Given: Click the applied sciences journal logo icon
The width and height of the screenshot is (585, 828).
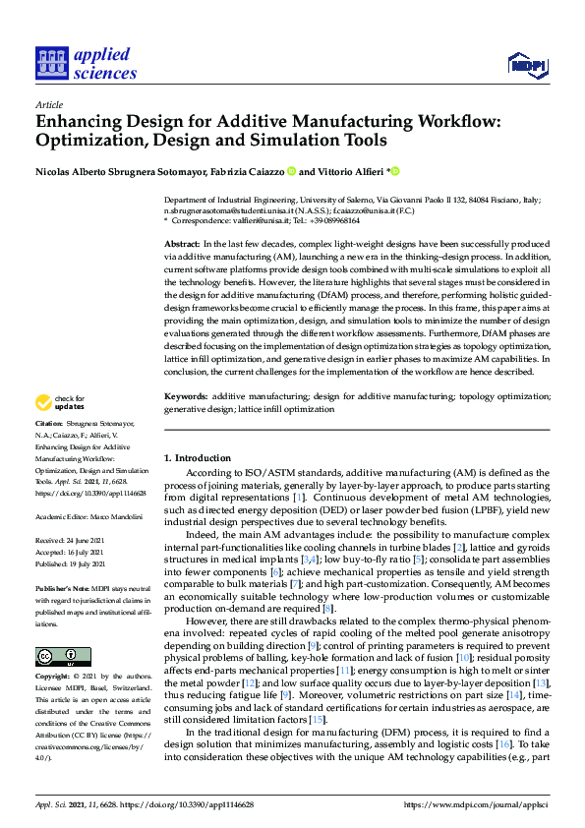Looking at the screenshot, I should tap(48, 62).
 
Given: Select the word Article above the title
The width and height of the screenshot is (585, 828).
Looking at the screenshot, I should tap(48, 103).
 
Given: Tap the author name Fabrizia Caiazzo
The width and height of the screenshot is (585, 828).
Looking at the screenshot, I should tap(246, 171).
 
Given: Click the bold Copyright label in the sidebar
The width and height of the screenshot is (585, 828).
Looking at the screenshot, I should tap(54, 678).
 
